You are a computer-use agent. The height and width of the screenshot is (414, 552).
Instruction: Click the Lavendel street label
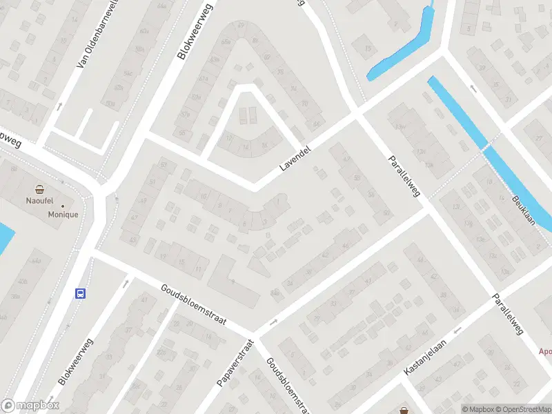[297, 158]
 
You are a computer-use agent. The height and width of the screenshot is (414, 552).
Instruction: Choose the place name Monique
[62, 215]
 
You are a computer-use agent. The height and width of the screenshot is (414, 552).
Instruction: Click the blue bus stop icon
[81, 293]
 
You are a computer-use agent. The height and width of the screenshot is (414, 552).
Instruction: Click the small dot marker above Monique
[63, 205]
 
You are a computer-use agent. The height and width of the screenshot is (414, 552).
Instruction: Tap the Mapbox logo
[30, 406]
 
